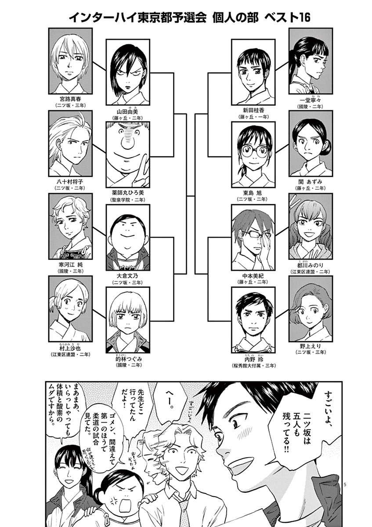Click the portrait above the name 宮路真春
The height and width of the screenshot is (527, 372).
point(70,61)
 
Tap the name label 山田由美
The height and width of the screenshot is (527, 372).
point(127,112)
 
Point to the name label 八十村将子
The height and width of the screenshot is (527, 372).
point(70,181)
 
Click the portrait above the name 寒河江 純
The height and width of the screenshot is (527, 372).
point(70,226)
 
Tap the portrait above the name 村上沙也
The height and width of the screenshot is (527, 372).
point(70,309)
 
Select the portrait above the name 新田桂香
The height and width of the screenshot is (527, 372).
point(253,72)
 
